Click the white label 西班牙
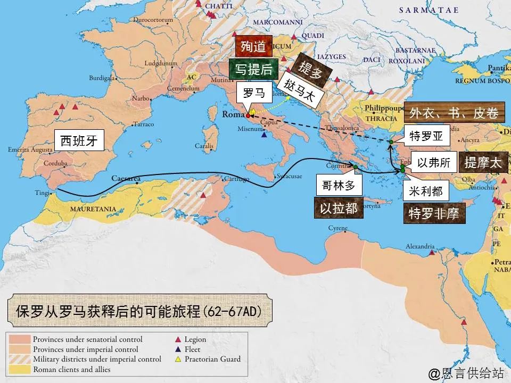[79, 140]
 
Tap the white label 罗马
[254, 93]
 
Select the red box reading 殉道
[253, 46]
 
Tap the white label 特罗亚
[426, 136]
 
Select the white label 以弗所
[434, 163]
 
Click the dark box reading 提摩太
[483, 163]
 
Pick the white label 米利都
[426, 190]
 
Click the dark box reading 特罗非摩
[434, 213]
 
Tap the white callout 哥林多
[339, 185]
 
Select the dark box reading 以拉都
[339, 208]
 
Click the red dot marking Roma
[248, 115]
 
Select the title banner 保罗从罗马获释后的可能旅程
[139, 311]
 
